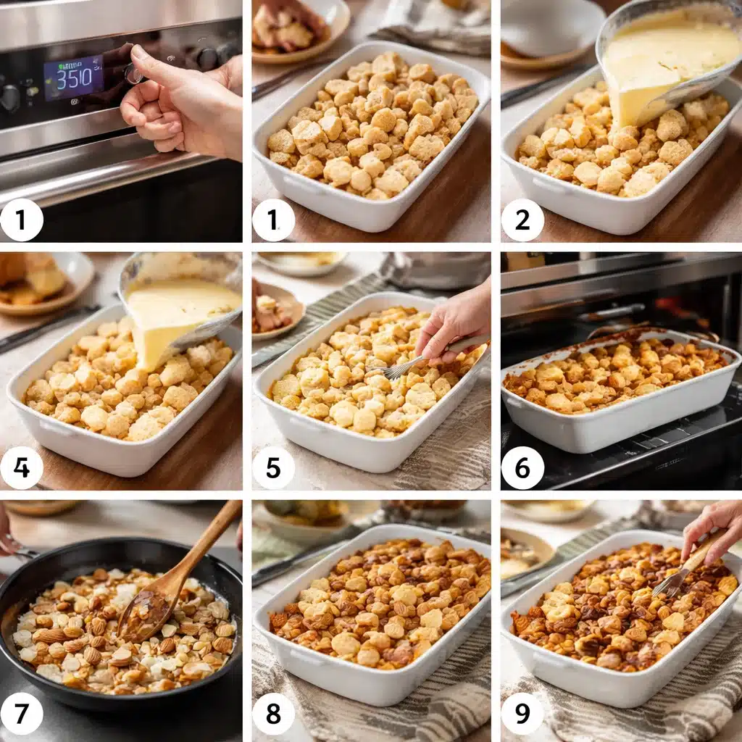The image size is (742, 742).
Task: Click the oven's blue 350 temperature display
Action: coord(72,78)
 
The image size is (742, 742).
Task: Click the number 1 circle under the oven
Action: coord(22,220)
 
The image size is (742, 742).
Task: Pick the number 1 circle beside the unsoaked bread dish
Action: coord(273,220)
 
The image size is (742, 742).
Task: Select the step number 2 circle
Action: coord(522,220)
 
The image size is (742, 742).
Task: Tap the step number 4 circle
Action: coord(22,468)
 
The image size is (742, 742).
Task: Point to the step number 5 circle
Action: coord(273,468)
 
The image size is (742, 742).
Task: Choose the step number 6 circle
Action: coord(522,468)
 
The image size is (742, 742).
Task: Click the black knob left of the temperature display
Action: coord(10,99)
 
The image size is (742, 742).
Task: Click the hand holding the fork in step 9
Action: coord(714,529)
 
